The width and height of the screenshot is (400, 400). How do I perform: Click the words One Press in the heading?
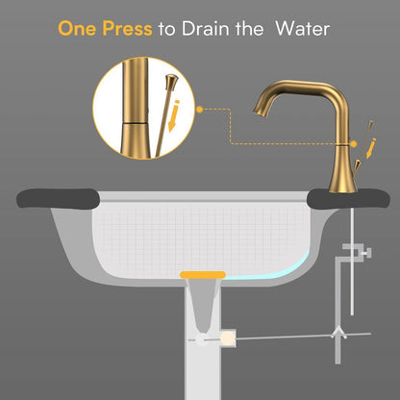pos(105,28)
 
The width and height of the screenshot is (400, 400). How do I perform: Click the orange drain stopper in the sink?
pos(202,277)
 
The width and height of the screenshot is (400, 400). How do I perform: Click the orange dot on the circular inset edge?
pos(200,110)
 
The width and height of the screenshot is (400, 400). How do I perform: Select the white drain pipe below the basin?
pos(202,375)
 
